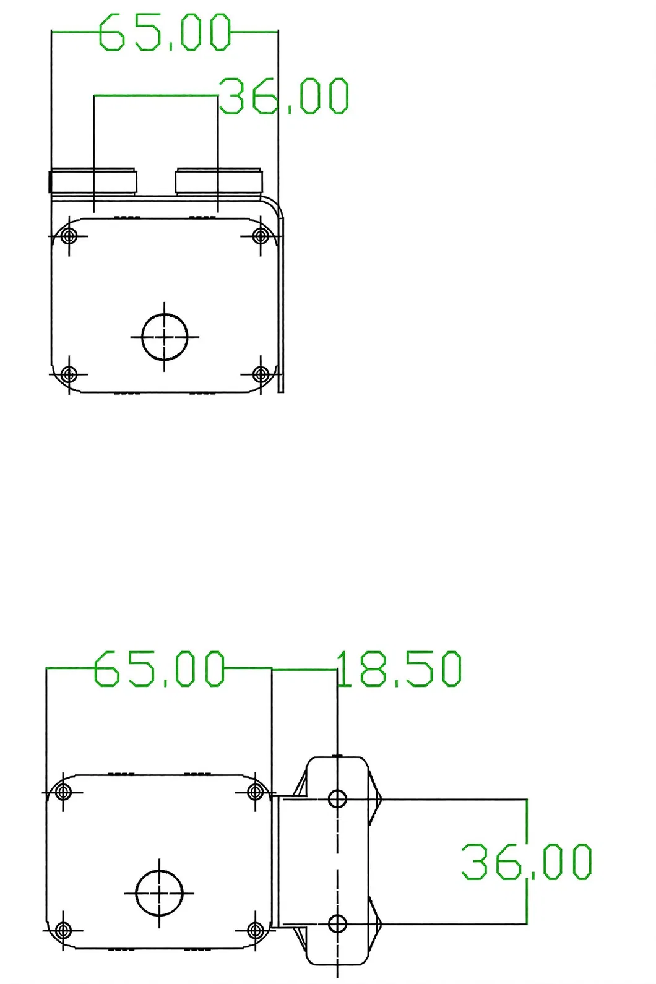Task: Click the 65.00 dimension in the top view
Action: click(165, 32)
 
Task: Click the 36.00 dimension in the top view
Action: click(284, 97)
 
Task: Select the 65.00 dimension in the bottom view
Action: click(159, 668)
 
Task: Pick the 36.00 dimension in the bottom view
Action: click(527, 861)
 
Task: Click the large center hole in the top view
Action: click(165, 337)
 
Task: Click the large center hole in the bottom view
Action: click(159, 892)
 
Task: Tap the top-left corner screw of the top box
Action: click(69, 236)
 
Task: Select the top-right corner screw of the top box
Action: click(261, 236)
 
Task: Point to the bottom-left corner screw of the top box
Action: click(69, 374)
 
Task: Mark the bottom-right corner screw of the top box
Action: click(261, 374)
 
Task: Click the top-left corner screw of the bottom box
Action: click(63, 792)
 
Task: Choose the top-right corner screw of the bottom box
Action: click(255, 792)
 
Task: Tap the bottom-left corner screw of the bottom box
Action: click(63, 930)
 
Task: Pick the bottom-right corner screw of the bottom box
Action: click(255, 930)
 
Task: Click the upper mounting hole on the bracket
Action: click(337, 798)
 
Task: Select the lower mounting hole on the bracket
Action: click(337, 925)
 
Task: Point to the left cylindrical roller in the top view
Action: click(93, 181)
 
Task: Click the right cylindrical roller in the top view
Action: click(219, 181)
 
